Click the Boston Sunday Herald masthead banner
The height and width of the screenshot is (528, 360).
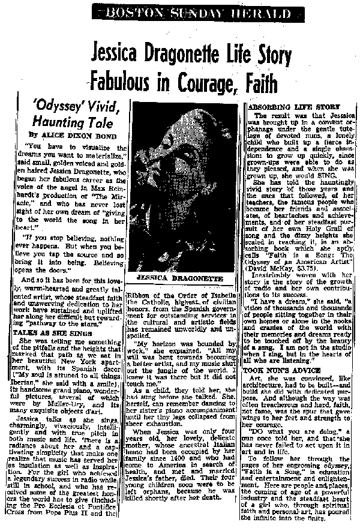181,10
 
